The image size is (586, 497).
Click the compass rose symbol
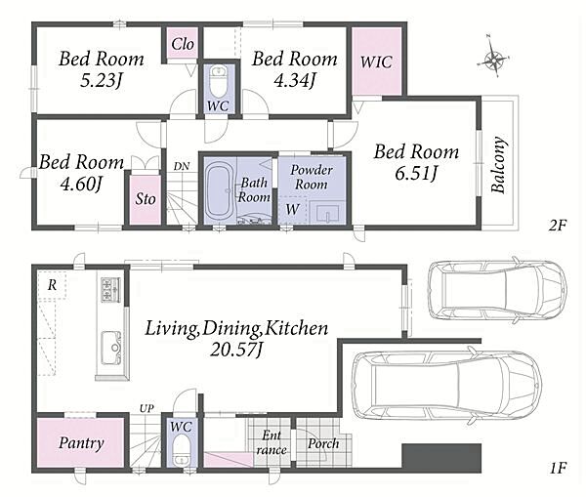click(x=494, y=58)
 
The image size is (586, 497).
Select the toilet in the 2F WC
click(x=219, y=81)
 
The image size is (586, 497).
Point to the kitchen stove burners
click(x=110, y=290)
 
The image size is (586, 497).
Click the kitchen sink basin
click(x=111, y=348)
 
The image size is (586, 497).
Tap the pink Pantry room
click(x=80, y=442)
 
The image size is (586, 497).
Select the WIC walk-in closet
click(x=377, y=62)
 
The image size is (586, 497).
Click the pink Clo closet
click(x=183, y=44)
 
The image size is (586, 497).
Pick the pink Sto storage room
click(x=146, y=199)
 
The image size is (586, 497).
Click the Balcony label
click(x=499, y=165)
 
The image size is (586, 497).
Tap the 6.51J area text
click(x=416, y=174)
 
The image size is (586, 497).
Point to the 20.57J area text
click(x=237, y=350)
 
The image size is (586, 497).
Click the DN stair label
click(x=182, y=166)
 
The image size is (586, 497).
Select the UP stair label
click(x=146, y=408)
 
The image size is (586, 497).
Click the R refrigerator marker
click(x=52, y=285)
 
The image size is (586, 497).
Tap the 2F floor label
click(x=558, y=226)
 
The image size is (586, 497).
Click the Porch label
click(x=323, y=443)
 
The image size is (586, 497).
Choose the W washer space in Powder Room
click(x=293, y=210)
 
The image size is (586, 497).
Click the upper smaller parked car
click(x=497, y=290)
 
